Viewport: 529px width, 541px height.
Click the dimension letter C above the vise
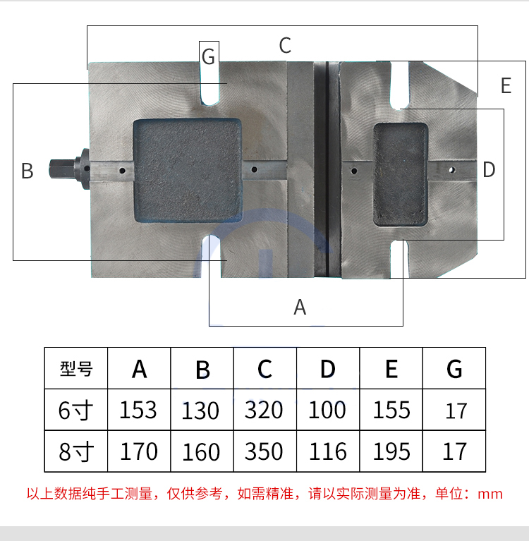[285, 46]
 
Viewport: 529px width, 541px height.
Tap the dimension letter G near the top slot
[208, 56]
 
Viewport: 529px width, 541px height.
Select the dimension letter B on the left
[28, 171]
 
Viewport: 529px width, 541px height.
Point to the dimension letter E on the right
[505, 86]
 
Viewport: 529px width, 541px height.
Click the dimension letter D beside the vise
[489, 170]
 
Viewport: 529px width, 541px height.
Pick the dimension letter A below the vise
[300, 308]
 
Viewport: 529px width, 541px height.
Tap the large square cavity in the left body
[187, 169]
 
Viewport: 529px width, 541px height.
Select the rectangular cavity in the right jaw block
[400, 174]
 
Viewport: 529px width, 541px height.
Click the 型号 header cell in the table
[76, 368]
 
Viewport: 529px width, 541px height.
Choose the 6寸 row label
[76, 410]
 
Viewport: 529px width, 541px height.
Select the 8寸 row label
[76, 451]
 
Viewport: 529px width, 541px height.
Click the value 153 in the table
[138, 410]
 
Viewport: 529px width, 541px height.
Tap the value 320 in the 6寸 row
[264, 410]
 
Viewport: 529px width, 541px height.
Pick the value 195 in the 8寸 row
[391, 451]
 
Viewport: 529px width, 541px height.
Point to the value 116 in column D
[328, 451]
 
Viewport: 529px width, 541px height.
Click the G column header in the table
[454, 368]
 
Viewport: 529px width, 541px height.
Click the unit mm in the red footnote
[490, 494]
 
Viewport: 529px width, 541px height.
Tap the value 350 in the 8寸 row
[264, 451]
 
